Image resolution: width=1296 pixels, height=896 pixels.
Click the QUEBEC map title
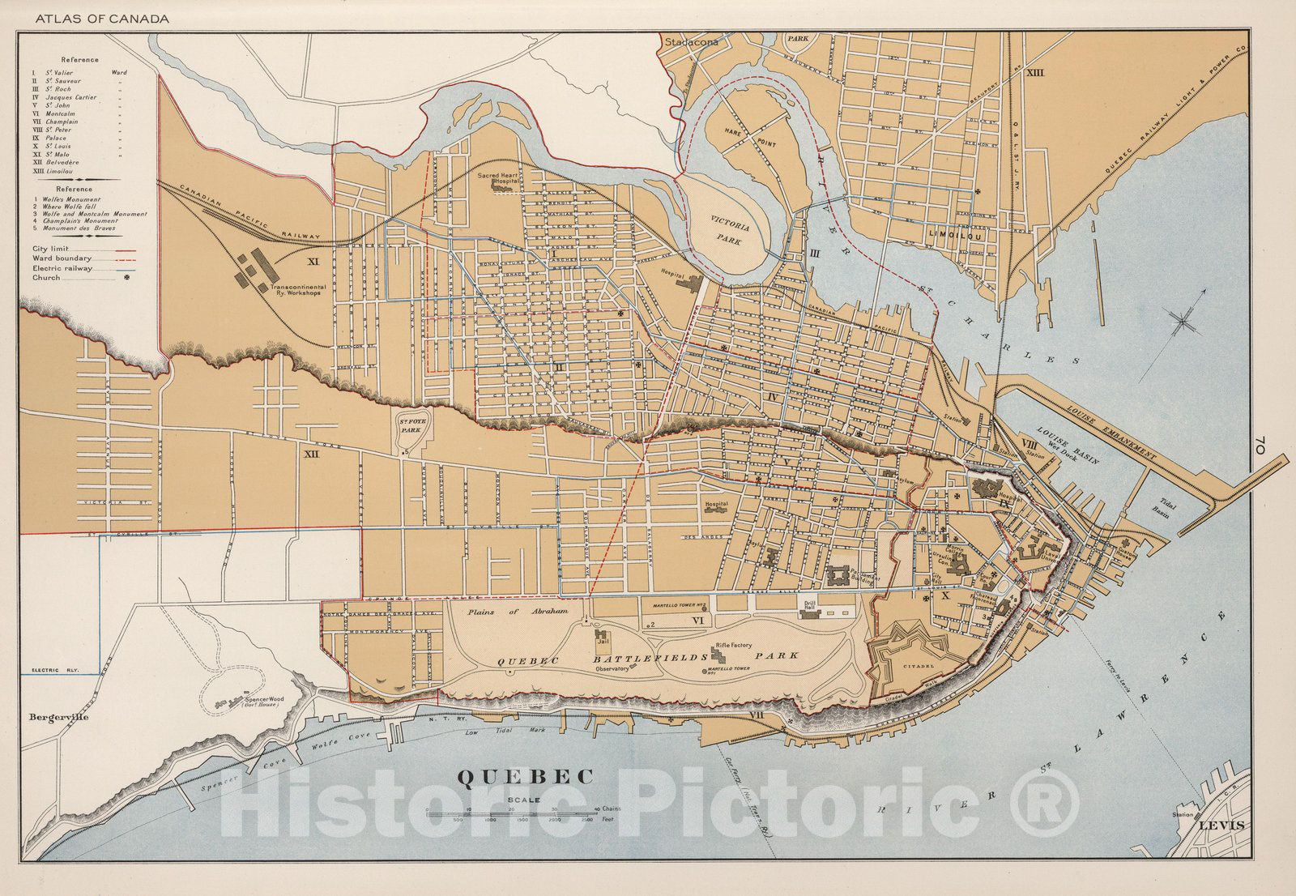pyautogui.click(x=526, y=775)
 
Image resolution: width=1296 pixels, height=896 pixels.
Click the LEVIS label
pyautogui.click(x=1224, y=826)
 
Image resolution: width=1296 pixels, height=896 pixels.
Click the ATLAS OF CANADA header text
pyautogui.click(x=96, y=19)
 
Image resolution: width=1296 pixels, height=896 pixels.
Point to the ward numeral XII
pyautogui.click(x=309, y=457)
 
